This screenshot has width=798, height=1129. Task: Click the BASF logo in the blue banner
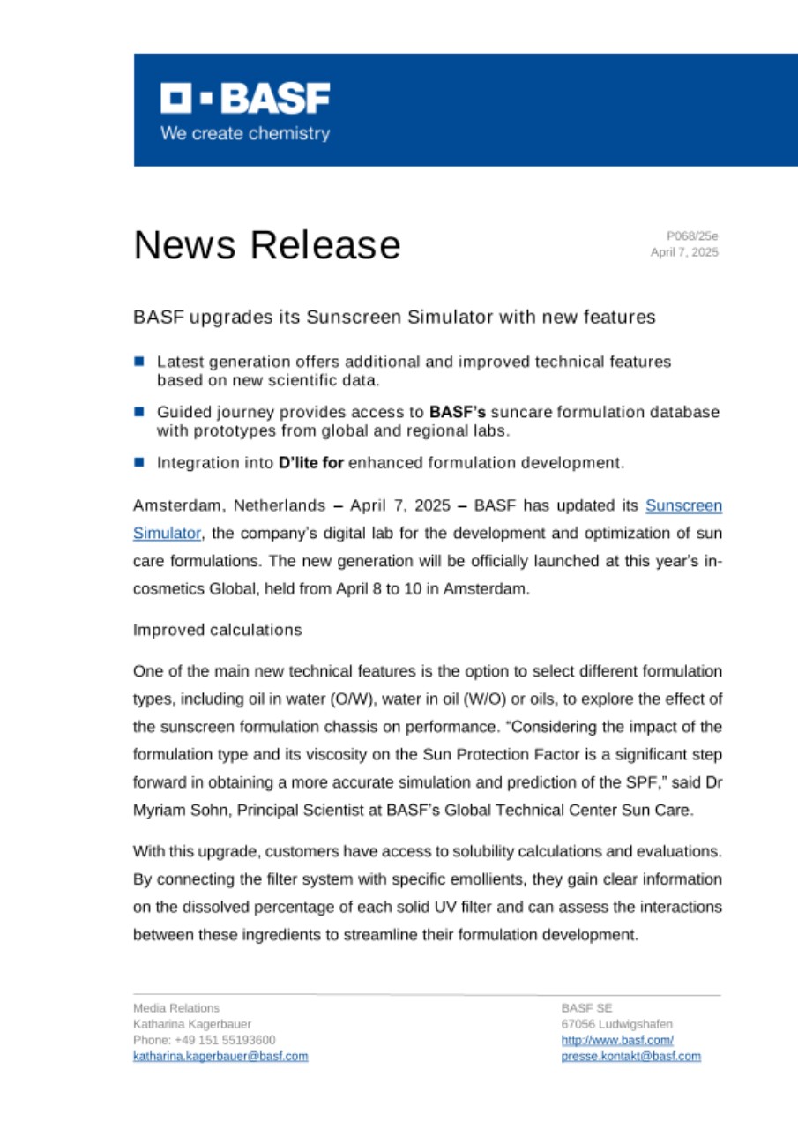[244, 99]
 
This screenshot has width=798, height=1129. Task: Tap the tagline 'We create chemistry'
[244, 134]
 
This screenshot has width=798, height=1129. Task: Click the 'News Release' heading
[266, 244]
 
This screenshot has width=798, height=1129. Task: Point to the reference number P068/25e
[692, 236]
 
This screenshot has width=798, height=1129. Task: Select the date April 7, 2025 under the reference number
[684, 252]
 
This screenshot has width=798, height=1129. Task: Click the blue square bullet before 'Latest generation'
[138, 362]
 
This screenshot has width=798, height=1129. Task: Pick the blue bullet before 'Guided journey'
[138, 412]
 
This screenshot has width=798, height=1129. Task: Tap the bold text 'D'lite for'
[310, 461]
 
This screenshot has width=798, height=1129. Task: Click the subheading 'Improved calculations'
[217, 630]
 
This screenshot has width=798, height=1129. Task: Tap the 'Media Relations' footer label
[176, 1007]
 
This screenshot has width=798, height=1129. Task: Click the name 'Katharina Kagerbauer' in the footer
[191, 1024]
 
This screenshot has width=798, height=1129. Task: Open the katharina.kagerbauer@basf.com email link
[220, 1056]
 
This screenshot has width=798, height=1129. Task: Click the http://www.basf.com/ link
[617, 1040]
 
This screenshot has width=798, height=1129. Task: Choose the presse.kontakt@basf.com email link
[630, 1056]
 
